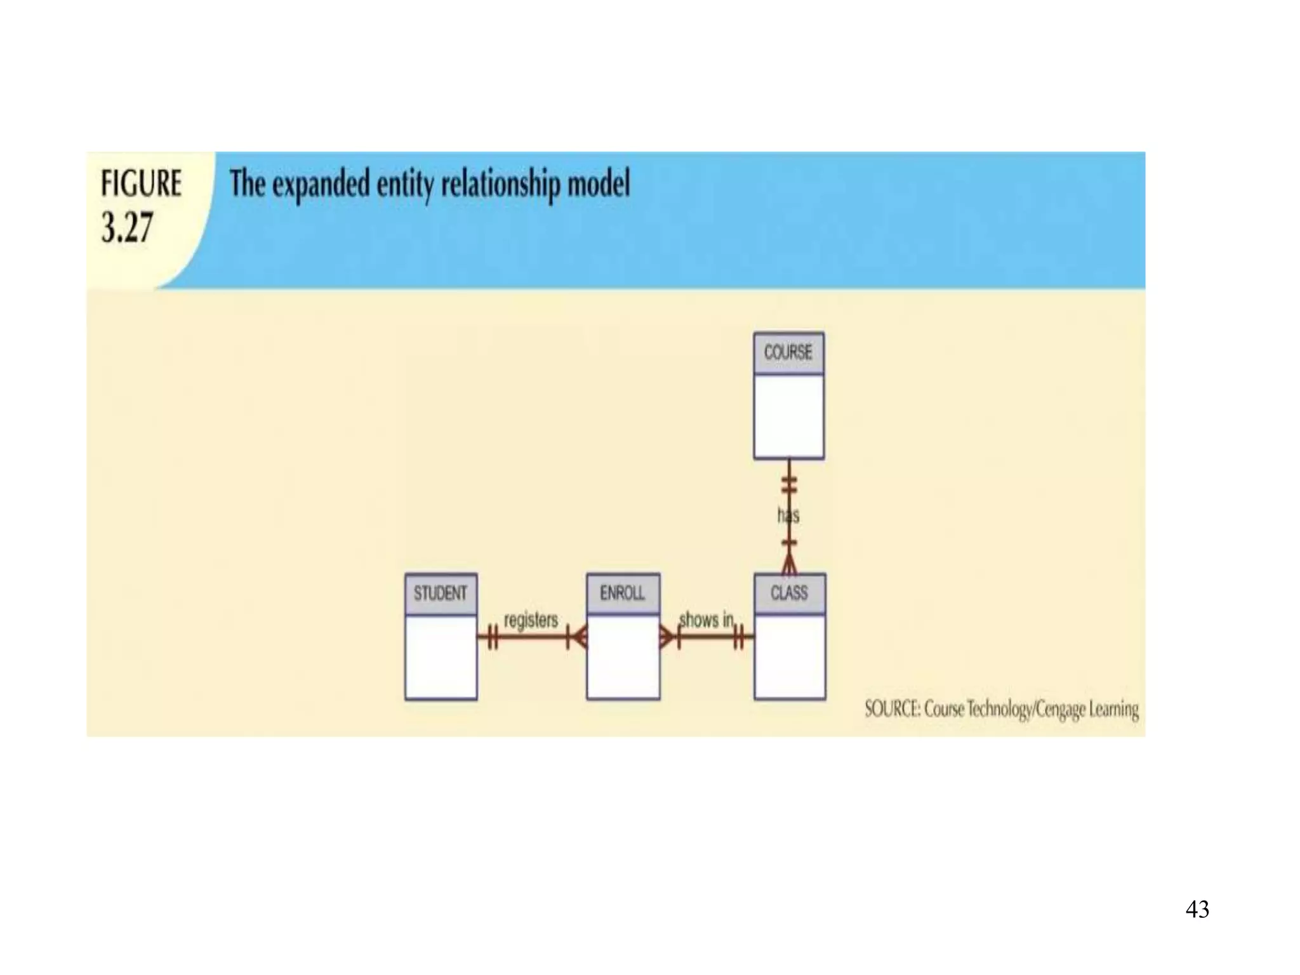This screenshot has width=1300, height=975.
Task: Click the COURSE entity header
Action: click(788, 352)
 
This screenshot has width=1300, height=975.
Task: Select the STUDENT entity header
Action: click(441, 594)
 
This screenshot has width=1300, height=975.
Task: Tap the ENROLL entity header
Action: click(623, 593)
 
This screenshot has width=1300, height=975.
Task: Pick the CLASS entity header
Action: click(789, 593)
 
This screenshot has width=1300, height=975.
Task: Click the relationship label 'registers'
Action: click(531, 620)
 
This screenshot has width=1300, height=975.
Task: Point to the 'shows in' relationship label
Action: click(706, 620)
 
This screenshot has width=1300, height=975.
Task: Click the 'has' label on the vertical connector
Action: click(788, 515)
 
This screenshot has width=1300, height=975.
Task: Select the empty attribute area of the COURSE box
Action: click(788, 416)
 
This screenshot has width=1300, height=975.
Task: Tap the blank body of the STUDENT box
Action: click(441, 657)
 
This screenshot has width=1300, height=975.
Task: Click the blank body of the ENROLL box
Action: click(623, 657)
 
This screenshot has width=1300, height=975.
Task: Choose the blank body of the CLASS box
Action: click(790, 657)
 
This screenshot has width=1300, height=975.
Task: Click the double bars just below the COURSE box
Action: click(788, 486)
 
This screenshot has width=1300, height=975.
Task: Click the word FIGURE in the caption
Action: click(141, 183)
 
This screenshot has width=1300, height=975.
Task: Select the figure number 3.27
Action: click(127, 228)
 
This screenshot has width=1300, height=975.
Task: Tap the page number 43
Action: click(1197, 909)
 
